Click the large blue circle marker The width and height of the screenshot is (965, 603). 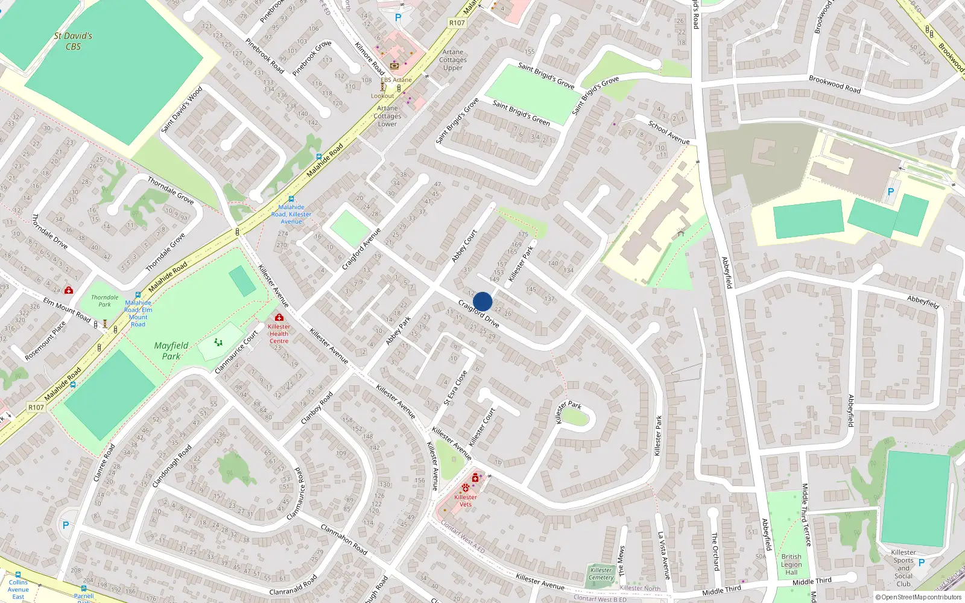click(x=482, y=301)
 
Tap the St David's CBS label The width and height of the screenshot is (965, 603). click(x=73, y=41)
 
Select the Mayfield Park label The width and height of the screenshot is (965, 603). click(x=171, y=350)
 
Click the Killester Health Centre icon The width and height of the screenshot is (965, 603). click(x=279, y=317)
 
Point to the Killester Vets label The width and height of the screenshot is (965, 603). click(x=465, y=500)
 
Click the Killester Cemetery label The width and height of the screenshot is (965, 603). click(x=601, y=573)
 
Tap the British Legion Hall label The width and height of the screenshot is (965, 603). click(x=791, y=564)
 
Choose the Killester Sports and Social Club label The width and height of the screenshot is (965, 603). click(x=903, y=567)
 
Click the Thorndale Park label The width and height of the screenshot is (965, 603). click(x=105, y=300)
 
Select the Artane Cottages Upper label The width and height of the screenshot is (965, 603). click(x=453, y=60)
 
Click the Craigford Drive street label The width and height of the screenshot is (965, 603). click(x=478, y=313)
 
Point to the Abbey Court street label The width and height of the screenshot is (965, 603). click(x=464, y=245)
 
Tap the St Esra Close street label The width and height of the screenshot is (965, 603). click(x=455, y=387)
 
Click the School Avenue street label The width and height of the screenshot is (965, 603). click(x=669, y=133)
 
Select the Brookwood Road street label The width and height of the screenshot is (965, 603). click(x=835, y=83)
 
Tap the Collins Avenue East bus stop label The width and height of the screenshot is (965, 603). click(x=18, y=589)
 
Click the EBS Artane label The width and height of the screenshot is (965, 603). click(x=396, y=80)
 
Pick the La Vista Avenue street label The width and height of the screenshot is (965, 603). click(x=663, y=555)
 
